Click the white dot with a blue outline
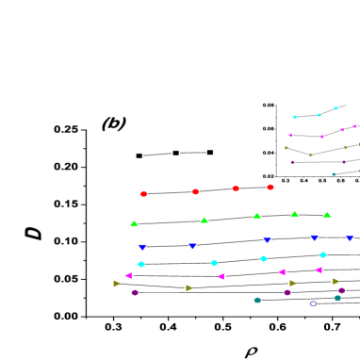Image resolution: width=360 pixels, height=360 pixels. [x=313, y=303]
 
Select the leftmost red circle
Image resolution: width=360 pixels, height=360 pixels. [x=143, y=194]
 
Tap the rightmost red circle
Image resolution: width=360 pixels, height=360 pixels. [x=270, y=187]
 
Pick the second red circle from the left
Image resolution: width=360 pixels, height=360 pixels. [x=195, y=191]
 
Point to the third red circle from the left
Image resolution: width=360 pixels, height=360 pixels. [x=236, y=188]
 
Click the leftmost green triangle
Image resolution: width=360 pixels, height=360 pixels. [x=134, y=223]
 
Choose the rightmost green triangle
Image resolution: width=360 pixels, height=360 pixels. [x=326, y=215]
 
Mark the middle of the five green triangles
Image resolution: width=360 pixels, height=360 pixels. [x=256, y=216]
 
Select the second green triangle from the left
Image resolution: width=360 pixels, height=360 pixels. [x=204, y=221]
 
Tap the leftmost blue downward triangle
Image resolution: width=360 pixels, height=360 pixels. [x=142, y=247]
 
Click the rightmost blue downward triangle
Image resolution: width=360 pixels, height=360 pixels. [x=350, y=237]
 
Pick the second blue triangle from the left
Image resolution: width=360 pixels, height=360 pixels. [x=192, y=246]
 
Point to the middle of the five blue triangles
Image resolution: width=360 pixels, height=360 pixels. [x=267, y=239]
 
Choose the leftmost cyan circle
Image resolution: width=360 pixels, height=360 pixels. [x=141, y=264]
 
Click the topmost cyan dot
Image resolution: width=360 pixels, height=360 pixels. [x=335, y=108]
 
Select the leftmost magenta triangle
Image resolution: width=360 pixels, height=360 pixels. [x=128, y=275]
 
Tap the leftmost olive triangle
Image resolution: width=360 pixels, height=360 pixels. [x=117, y=283]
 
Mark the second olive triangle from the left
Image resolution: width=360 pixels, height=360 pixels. [x=188, y=287]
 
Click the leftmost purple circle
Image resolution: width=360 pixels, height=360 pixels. [x=135, y=292]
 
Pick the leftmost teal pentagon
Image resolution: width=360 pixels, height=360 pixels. [x=257, y=300]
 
